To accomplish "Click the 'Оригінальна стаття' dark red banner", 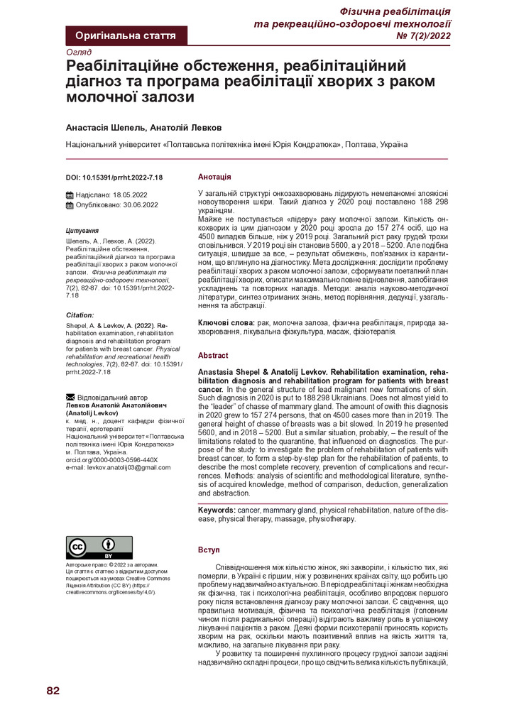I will tap(126, 35).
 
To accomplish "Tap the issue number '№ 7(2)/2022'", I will tap(423, 36).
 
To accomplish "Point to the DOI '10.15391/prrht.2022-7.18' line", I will tap(114, 177).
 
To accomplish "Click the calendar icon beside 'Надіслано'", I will tap(70, 195).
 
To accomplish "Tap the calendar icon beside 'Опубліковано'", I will tap(70, 204).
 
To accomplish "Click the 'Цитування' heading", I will tap(82, 231).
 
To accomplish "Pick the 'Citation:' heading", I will tap(80, 314).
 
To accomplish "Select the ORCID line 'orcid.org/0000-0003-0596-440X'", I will tap(111, 459).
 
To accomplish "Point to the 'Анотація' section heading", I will tap(214, 177).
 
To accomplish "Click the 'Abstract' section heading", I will tap(213, 355).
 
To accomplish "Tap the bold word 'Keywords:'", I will tap(217, 510).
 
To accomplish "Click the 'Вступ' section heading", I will tap(209, 550).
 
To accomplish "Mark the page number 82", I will tap(53, 692).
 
